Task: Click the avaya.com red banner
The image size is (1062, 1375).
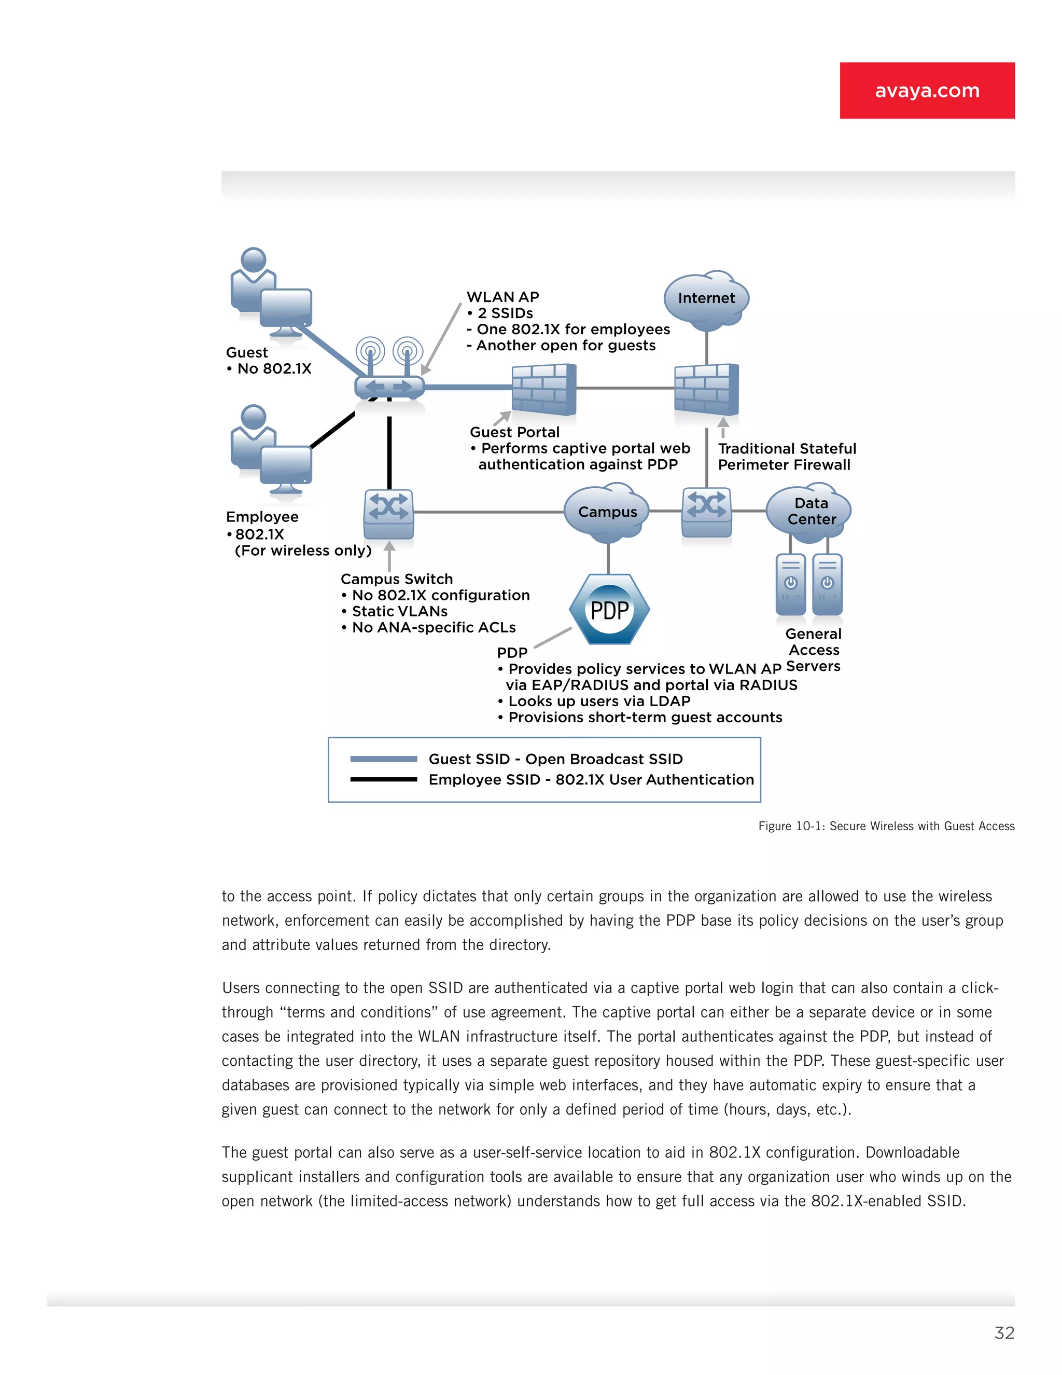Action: [x=927, y=91]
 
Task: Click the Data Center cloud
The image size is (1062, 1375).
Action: [x=809, y=511]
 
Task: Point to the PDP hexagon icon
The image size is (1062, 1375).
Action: [x=609, y=610]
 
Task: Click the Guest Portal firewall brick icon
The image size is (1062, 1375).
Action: [x=543, y=389]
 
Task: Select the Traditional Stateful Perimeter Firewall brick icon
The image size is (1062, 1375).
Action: [x=706, y=389]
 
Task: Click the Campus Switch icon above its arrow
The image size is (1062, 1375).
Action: [x=389, y=513]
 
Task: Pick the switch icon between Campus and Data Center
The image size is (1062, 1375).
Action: [x=707, y=511]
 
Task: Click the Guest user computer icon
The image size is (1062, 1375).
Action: [x=272, y=293]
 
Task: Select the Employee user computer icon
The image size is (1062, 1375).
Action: [x=272, y=451]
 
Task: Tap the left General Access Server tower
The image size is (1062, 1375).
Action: [x=790, y=584]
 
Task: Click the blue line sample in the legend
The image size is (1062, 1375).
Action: [x=383, y=759]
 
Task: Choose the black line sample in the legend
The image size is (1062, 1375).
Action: [x=383, y=779]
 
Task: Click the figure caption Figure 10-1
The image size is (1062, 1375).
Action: [x=886, y=826]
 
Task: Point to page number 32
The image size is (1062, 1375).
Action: [x=1004, y=1333]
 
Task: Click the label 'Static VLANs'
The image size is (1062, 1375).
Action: [x=399, y=611]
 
